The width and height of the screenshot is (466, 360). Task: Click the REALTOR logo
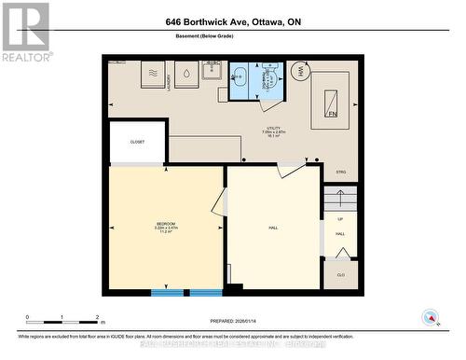click(25, 32)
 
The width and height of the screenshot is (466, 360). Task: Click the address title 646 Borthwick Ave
click(233, 21)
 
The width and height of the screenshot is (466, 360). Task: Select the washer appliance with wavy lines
click(153, 74)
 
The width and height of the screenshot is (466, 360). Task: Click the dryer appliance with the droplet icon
click(186, 74)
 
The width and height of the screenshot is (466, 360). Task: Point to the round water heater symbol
click(301, 71)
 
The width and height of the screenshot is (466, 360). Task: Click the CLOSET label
click(137, 142)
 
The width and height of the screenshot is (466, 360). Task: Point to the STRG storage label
click(341, 173)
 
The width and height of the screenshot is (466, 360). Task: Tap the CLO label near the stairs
click(340, 276)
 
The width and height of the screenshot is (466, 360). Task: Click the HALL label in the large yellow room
click(274, 226)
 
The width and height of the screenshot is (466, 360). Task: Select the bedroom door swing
click(220, 201)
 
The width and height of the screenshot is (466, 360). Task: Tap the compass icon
click(430, 316)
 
